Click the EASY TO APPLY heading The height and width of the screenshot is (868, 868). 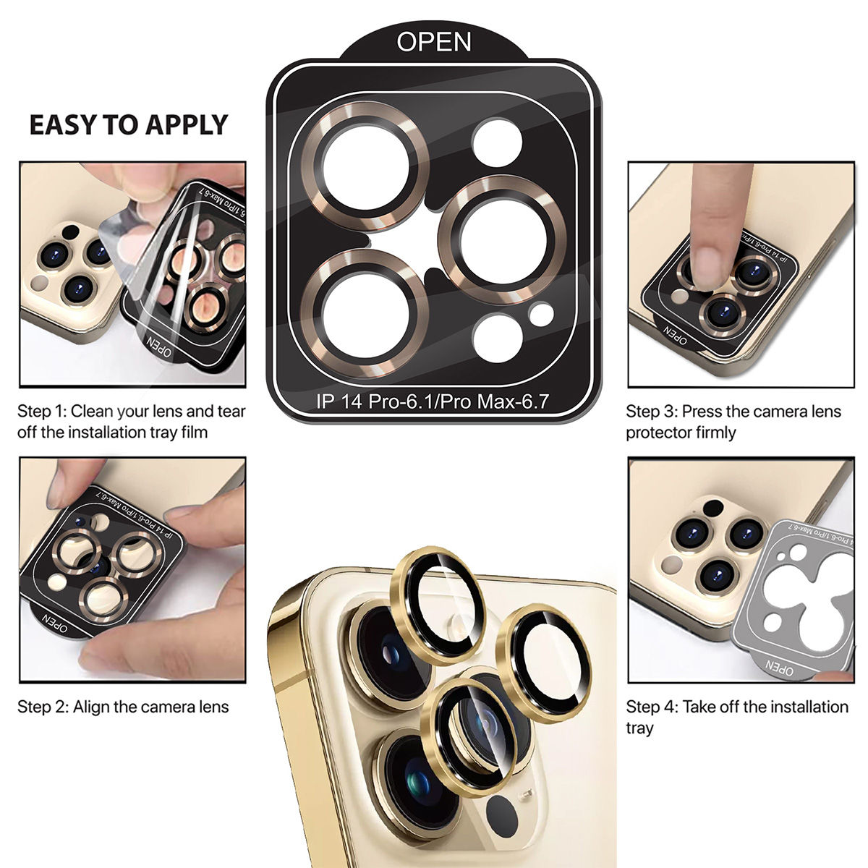(128, 124)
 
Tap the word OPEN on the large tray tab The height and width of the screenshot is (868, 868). (433, 42)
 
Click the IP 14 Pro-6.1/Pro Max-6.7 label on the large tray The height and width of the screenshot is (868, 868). (436, 401)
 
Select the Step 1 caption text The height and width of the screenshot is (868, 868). (132, 422)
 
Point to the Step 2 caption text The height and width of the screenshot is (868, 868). (123, 707)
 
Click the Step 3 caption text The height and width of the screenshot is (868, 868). (733, 422)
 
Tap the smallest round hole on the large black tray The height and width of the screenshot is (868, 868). (540, 315)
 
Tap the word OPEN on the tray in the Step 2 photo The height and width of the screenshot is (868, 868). (56, 623)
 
